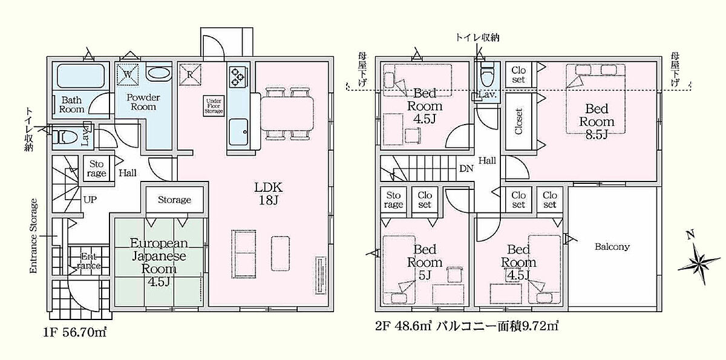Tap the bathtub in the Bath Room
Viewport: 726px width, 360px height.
(x=81, y=76)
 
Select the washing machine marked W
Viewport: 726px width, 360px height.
(x=128, y=74)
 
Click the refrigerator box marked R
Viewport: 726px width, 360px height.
(x=190, y=74)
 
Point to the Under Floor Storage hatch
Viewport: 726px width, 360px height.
(x=214, y=106)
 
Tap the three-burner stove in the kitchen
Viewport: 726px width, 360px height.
(x=238, y=77)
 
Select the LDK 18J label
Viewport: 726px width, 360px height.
(x=269, y=194)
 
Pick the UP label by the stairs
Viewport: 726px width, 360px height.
(x=90, y=200)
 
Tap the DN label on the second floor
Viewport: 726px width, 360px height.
(x=466, y=168)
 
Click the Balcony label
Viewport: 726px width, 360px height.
(x=612, y=247)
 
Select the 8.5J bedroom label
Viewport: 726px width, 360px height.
(x=597, y=122)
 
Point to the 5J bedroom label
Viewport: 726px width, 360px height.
(x=425, y=262)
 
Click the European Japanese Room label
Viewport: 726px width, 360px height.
(x=159, y=263)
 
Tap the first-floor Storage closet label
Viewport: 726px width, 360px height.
(x=174, y=200)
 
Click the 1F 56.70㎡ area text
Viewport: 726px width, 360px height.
(x=75, y=332)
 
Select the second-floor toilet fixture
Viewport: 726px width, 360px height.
(x=486, y=75)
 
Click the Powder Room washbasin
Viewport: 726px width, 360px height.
(x=159, y=73)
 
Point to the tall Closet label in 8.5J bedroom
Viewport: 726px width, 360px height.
(x=519, y=122)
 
